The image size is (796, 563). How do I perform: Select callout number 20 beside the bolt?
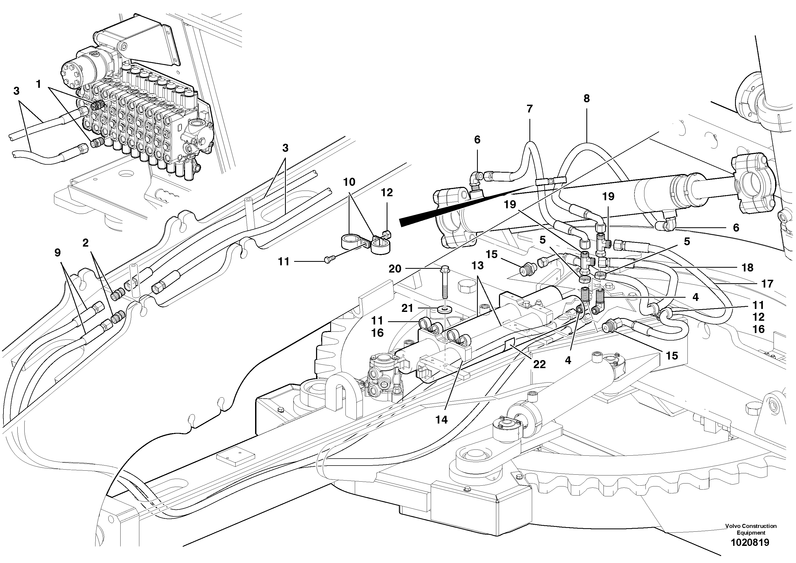(395, 269)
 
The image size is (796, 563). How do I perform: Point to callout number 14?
(441, 420)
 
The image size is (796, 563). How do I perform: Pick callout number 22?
(540, 364)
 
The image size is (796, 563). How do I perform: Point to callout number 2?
(86, 243)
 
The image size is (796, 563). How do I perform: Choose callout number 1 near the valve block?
(39, 84)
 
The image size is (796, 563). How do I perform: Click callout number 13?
(477, 266)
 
